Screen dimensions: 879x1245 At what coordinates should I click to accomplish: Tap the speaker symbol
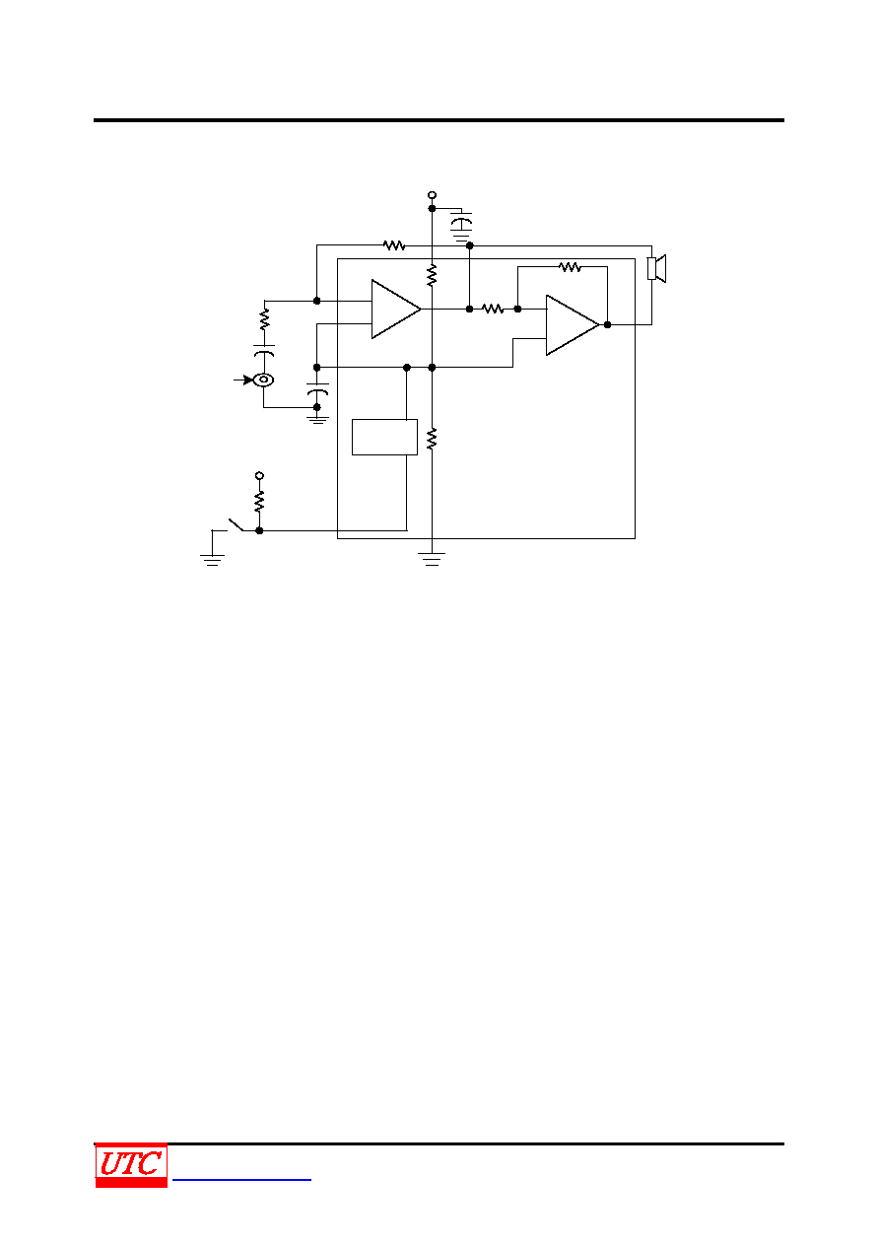point(656,268)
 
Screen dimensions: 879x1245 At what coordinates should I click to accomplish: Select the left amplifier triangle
point(396,309)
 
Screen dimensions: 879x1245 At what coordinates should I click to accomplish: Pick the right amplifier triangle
point(573,325)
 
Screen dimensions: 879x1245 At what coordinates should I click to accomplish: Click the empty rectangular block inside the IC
point(384,438)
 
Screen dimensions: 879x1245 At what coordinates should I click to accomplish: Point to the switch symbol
point(237,524)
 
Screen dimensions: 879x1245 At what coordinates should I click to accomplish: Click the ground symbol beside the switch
point(212,560)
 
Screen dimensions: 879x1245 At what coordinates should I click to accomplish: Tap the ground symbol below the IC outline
point(432,559)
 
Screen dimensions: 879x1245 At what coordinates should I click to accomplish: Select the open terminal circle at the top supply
point(432,195)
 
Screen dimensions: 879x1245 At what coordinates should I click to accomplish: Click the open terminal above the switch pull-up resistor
point(259,476)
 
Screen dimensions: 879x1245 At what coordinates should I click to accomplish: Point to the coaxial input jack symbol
point(263,380)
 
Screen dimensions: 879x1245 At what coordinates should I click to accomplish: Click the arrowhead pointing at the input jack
point(247,380)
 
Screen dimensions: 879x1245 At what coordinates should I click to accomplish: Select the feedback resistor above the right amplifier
point(570,267)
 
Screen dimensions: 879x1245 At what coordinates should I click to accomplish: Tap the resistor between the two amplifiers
point(493,309)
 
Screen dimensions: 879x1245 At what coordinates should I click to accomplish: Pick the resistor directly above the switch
point(259,501)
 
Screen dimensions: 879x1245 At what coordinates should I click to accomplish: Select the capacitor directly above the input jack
point(264,351)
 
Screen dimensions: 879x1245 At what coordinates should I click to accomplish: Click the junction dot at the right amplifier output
point(607,324)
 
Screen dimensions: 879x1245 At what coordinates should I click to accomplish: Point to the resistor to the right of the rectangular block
point(432,439)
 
